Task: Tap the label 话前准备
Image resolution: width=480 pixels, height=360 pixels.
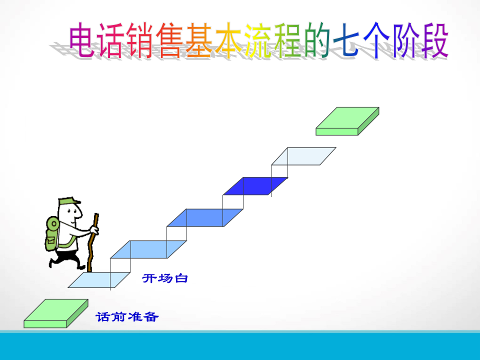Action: pyautogui.click(x=127, y=317)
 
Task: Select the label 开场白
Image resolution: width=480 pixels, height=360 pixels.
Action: pyautogui.click(x=165, y=278)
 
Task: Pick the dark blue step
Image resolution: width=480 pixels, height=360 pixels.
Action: pyautogui.click(x=255, y=186)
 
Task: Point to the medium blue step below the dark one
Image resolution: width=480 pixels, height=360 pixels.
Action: pyautogui.click(x=205, y=217)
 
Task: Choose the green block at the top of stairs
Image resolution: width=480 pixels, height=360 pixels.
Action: pyautogui.click(x=347, y=120)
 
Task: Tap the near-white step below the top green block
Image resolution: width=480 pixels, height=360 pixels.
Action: pyautogui.click(x=303, y=156)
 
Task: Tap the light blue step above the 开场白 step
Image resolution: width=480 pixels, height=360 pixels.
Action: pyautogui.click(x=148, y=249)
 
